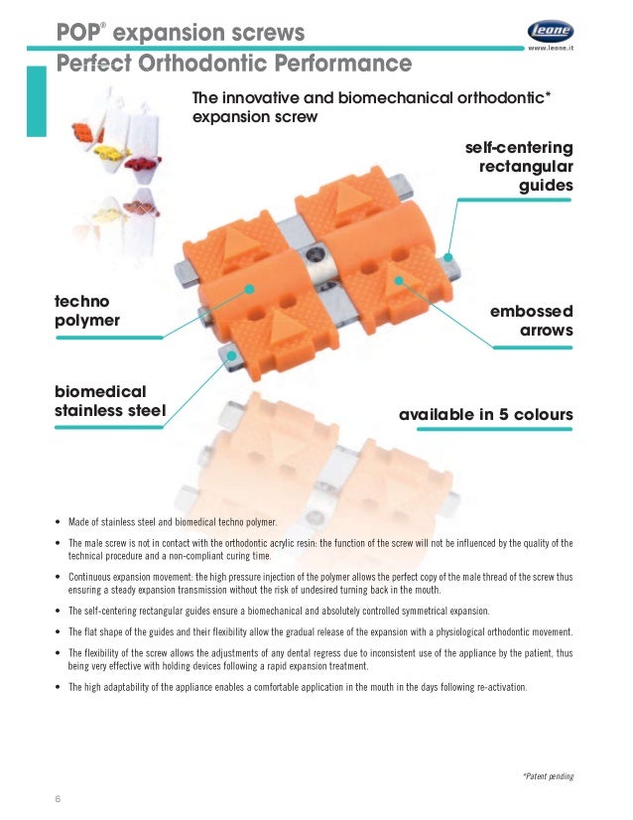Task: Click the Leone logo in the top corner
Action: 549,30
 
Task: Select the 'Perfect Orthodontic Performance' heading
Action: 234,65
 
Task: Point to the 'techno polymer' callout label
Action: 87,310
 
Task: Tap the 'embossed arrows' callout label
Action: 531,320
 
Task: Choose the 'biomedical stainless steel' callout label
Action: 109,401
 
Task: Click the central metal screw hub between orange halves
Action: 317,267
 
